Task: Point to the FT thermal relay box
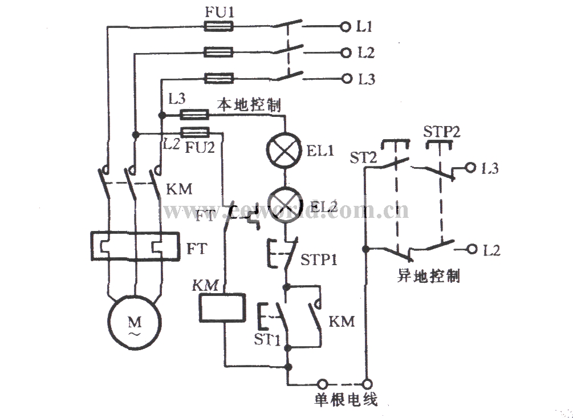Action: click(135, 246)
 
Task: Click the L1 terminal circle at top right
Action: click(344, 26)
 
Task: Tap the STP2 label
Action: click(442, 132)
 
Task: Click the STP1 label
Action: click(319, 259)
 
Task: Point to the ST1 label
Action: click(267, 340)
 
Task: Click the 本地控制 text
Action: click(249, 105)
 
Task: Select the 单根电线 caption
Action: click(346, 400)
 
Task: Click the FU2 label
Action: click(200, 148)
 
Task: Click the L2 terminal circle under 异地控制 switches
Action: click(473, 249)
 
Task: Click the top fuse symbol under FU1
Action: click(218, 26)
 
